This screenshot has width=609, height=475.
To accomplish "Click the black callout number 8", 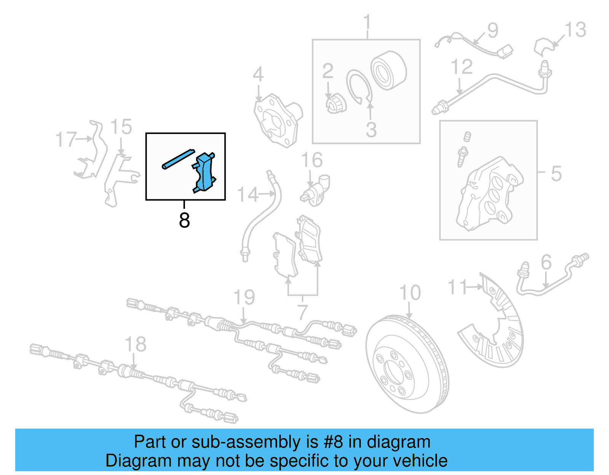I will [x=184, y=220].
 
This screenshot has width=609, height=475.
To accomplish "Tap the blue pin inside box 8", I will [x=178, y=159].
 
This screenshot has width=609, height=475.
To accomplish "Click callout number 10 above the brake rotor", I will [x=410, y=293].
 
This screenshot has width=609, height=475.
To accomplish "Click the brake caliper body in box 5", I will [x=489, y=194].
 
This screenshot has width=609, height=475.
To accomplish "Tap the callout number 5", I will [x=556, y=173].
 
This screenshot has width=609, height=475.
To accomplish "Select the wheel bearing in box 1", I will [x=388, y=71].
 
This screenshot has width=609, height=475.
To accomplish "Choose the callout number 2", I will [x=328, y=71].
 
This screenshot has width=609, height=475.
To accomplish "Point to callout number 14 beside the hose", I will [x=248, y=195].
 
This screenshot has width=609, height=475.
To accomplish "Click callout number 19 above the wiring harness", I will [x=244, y=297].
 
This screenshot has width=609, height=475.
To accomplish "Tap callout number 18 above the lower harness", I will [x=136, y=344].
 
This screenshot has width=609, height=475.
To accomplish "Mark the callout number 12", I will [x=462, y=67].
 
